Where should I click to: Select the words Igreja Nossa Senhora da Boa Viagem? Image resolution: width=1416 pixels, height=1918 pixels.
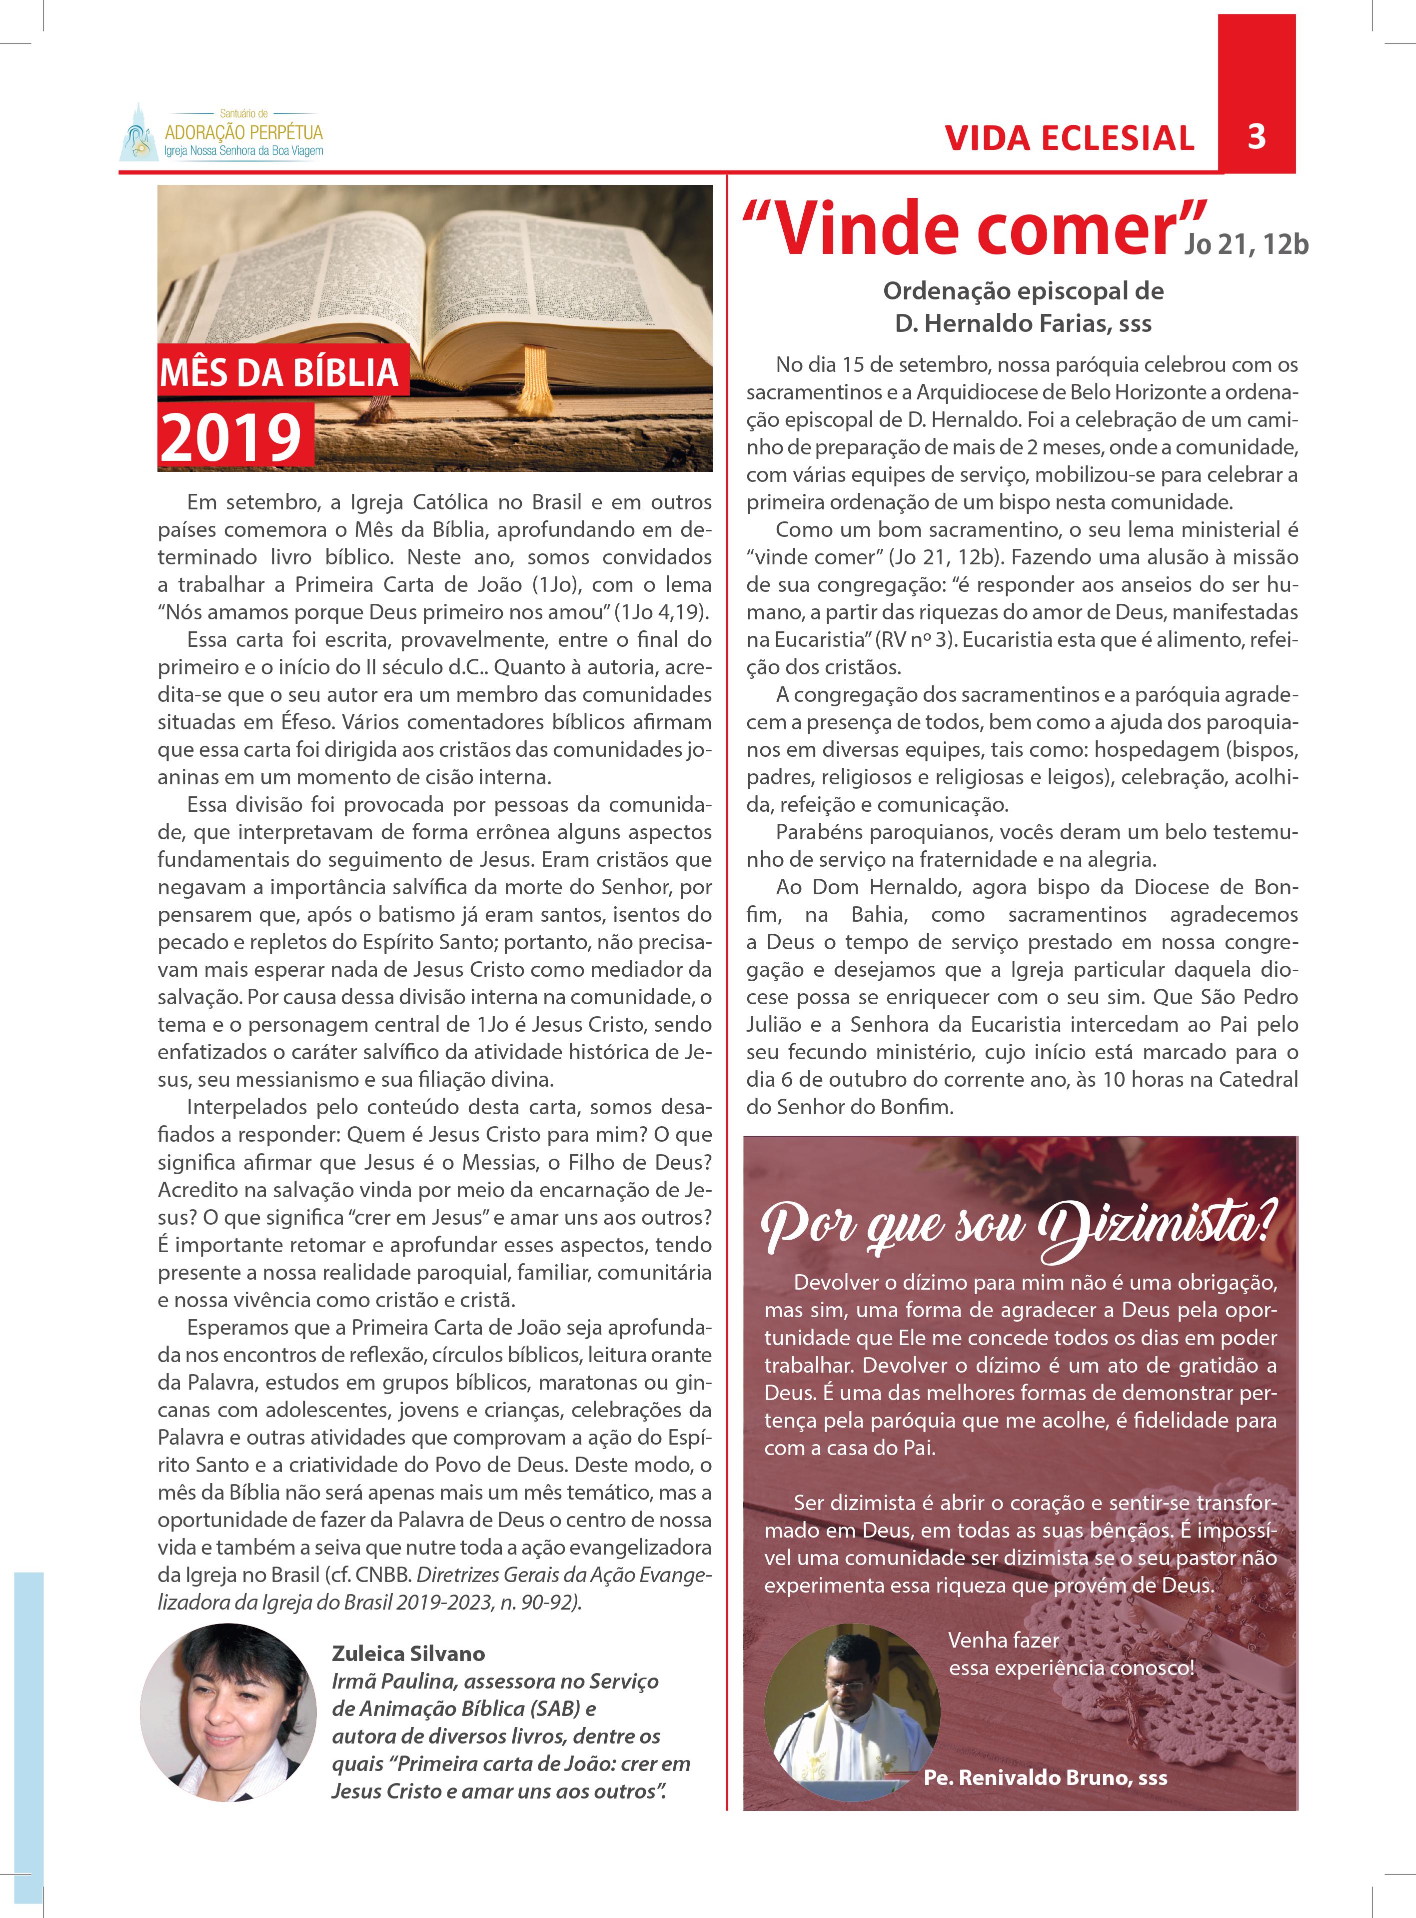243,151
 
